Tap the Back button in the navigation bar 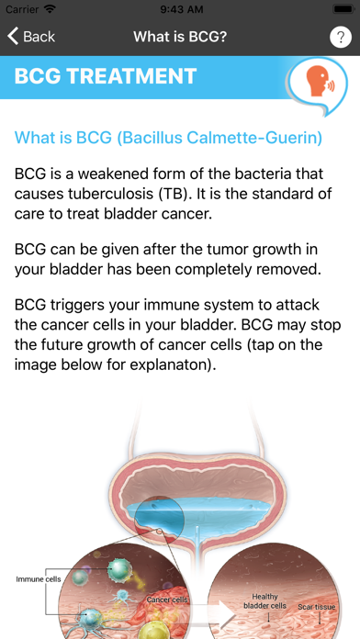(31, 37)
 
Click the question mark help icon (338, 37)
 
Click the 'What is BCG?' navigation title (180, 37)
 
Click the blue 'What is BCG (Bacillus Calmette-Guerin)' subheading (168, 138)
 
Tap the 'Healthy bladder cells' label (264, 600)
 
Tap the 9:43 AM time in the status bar (180, 9)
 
